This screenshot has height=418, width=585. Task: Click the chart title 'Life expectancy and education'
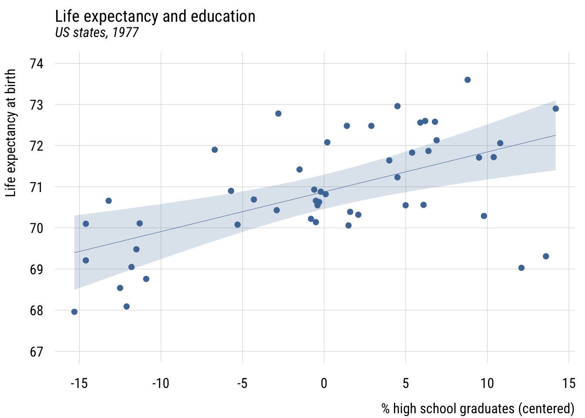click(155, 17)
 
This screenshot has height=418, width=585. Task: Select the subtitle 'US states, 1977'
click(97, 33)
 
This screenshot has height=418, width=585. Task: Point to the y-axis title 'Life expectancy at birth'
click(11, 133)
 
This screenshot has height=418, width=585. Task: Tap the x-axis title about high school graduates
click(478, 408)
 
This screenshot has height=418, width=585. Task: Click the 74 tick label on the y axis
click(37, 64)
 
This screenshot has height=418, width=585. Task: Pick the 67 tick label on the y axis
click(37, 352)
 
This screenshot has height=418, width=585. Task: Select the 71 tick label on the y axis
click(37, 187)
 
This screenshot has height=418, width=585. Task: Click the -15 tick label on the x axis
click(79, 383)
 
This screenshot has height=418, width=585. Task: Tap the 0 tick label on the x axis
click(324, 383)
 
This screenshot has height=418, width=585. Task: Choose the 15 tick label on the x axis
click(569, 383)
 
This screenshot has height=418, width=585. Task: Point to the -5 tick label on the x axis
click(242, 383)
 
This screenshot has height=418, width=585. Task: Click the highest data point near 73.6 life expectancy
click(467, 80)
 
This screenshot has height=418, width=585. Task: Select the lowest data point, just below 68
click(74, 312)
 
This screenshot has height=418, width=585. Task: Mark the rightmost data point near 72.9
click(555, 108)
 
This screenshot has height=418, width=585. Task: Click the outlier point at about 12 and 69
click(521, 268)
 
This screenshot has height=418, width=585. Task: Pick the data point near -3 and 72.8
click(278, 114)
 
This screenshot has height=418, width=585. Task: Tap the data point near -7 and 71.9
click(215, 150)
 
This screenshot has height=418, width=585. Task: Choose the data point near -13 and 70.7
click(109, 201)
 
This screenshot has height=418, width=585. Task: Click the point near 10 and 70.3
click(484, 216)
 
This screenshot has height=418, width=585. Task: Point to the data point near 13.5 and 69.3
click(546, 256)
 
